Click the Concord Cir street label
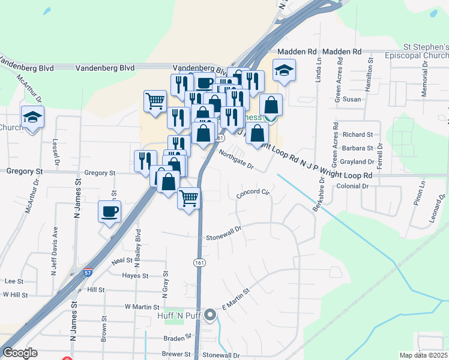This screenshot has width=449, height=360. (x=255, y=194)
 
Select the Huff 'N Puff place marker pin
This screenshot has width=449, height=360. (x=210, y=314)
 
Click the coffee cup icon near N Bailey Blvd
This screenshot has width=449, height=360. (x=110, y=212)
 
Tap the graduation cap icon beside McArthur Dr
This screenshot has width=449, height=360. (x=32, y=117)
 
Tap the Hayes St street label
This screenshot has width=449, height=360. (x=135, y=276)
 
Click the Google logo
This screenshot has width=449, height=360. (x=19, y=353)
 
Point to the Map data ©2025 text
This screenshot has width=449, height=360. (x=423, y=355)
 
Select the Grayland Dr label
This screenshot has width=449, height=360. (x=357, y=162)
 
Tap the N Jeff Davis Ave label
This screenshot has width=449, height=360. (x=55, y=248)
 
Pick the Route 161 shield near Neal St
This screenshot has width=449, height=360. (x=199, y=263)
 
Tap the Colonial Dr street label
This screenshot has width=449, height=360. (x=352, y=186)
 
